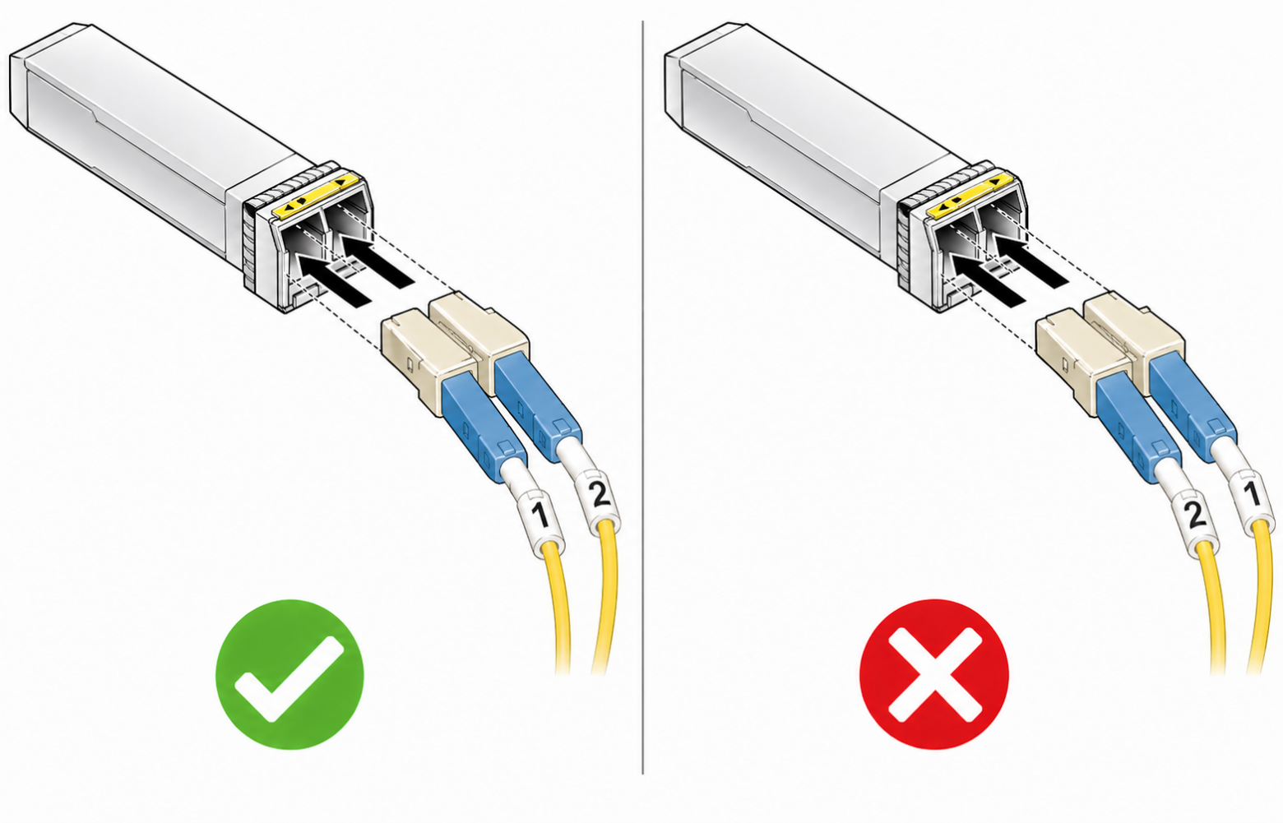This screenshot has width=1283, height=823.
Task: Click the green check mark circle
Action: (289, 674)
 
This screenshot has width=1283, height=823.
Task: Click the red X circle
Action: (934, 674)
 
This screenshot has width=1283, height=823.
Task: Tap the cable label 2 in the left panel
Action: (600, 495)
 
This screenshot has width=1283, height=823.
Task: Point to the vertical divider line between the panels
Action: (642, 397)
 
